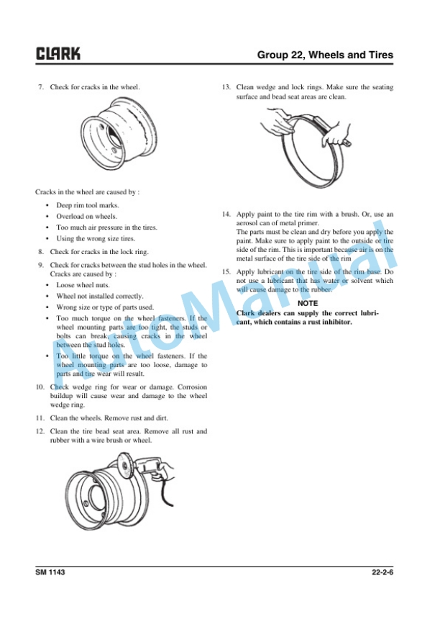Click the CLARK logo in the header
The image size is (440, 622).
click(58, 53)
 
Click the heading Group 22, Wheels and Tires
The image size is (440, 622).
click(325, 55)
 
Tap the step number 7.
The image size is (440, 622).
click(41, 87)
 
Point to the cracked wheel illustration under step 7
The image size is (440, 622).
click(119, 133)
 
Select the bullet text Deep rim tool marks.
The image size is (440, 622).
click(88, 205)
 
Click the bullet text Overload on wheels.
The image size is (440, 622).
click(86, 216)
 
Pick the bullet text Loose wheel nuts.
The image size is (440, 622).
click(83, 285)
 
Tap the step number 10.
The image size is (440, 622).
click(40, 387)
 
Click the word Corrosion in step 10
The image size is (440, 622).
click(192, 387)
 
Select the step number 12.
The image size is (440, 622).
click(40, 431)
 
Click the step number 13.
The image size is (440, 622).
click(226, 87)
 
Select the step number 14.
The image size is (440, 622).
click(226, 215)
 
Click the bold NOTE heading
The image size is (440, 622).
click(308, 304)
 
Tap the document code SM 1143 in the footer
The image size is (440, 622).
click(50, 572)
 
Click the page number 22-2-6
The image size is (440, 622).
click(382, 572)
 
